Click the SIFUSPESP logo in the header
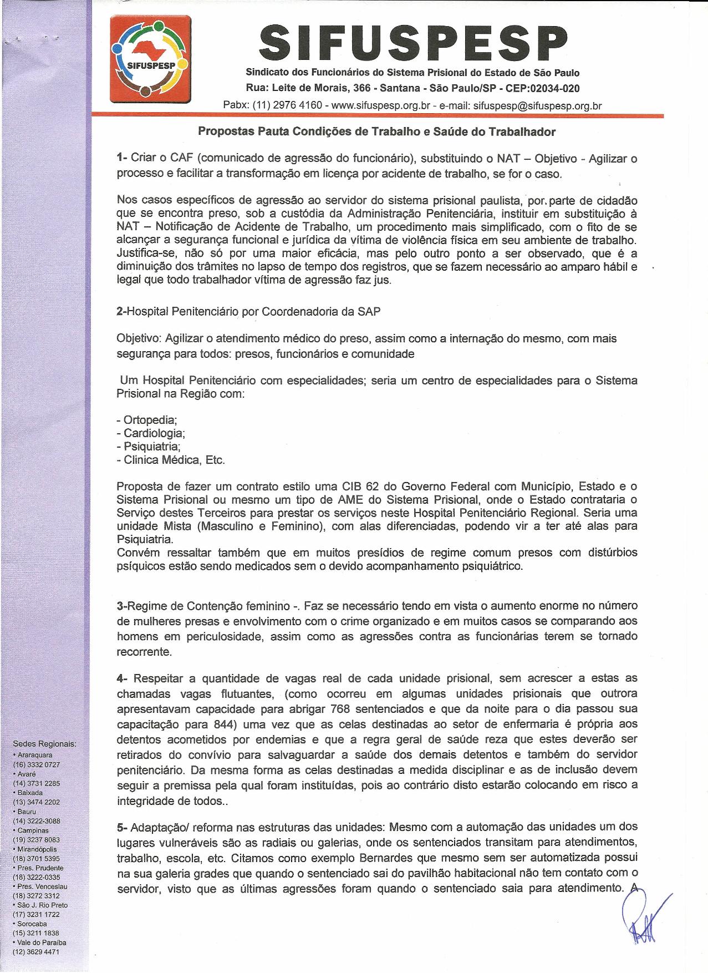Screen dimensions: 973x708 [151, 60]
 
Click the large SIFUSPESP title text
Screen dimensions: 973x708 [412, 43]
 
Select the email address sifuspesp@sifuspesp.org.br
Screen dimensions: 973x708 [537, 105]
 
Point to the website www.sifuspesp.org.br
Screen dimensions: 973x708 [381, 105]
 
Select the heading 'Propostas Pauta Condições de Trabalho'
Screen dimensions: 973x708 [377, 132]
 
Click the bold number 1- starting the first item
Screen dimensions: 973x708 [122, 159]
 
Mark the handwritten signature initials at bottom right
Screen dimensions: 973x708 [643, 918]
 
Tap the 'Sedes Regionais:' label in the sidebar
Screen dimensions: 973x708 [44, 744]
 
